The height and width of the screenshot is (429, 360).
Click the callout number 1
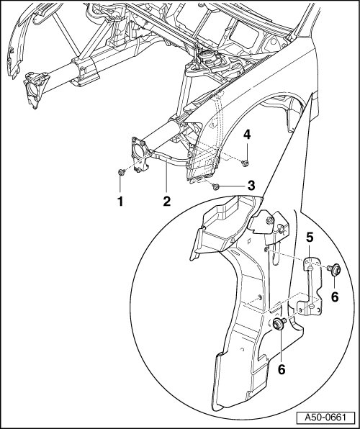click(120, 202)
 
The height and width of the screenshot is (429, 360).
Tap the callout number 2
click(167, 202)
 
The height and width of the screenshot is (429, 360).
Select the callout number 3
click(251, 186)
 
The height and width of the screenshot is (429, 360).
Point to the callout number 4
click(247, 135)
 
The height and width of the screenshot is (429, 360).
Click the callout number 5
click(310, 238)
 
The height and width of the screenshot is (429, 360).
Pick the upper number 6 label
click(335, 297)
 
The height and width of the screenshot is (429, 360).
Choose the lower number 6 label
click(282, 369)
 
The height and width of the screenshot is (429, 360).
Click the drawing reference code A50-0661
click(325, 417)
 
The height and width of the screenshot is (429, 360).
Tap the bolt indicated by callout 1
click(121, 172)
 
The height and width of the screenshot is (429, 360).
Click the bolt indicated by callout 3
click(215, 186)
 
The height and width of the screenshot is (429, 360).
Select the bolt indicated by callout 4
click(245, 163)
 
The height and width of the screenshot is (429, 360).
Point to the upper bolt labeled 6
click(334, 269)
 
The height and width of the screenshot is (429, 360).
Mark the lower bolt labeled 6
click(279, 324)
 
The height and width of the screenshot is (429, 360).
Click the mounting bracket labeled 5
click(312, 286)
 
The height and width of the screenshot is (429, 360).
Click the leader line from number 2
click(167, 178)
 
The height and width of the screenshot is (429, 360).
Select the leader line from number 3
click(233, 186)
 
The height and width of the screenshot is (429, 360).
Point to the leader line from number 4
click(247, 150)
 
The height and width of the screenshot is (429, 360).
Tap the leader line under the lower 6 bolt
click(281, 347)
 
